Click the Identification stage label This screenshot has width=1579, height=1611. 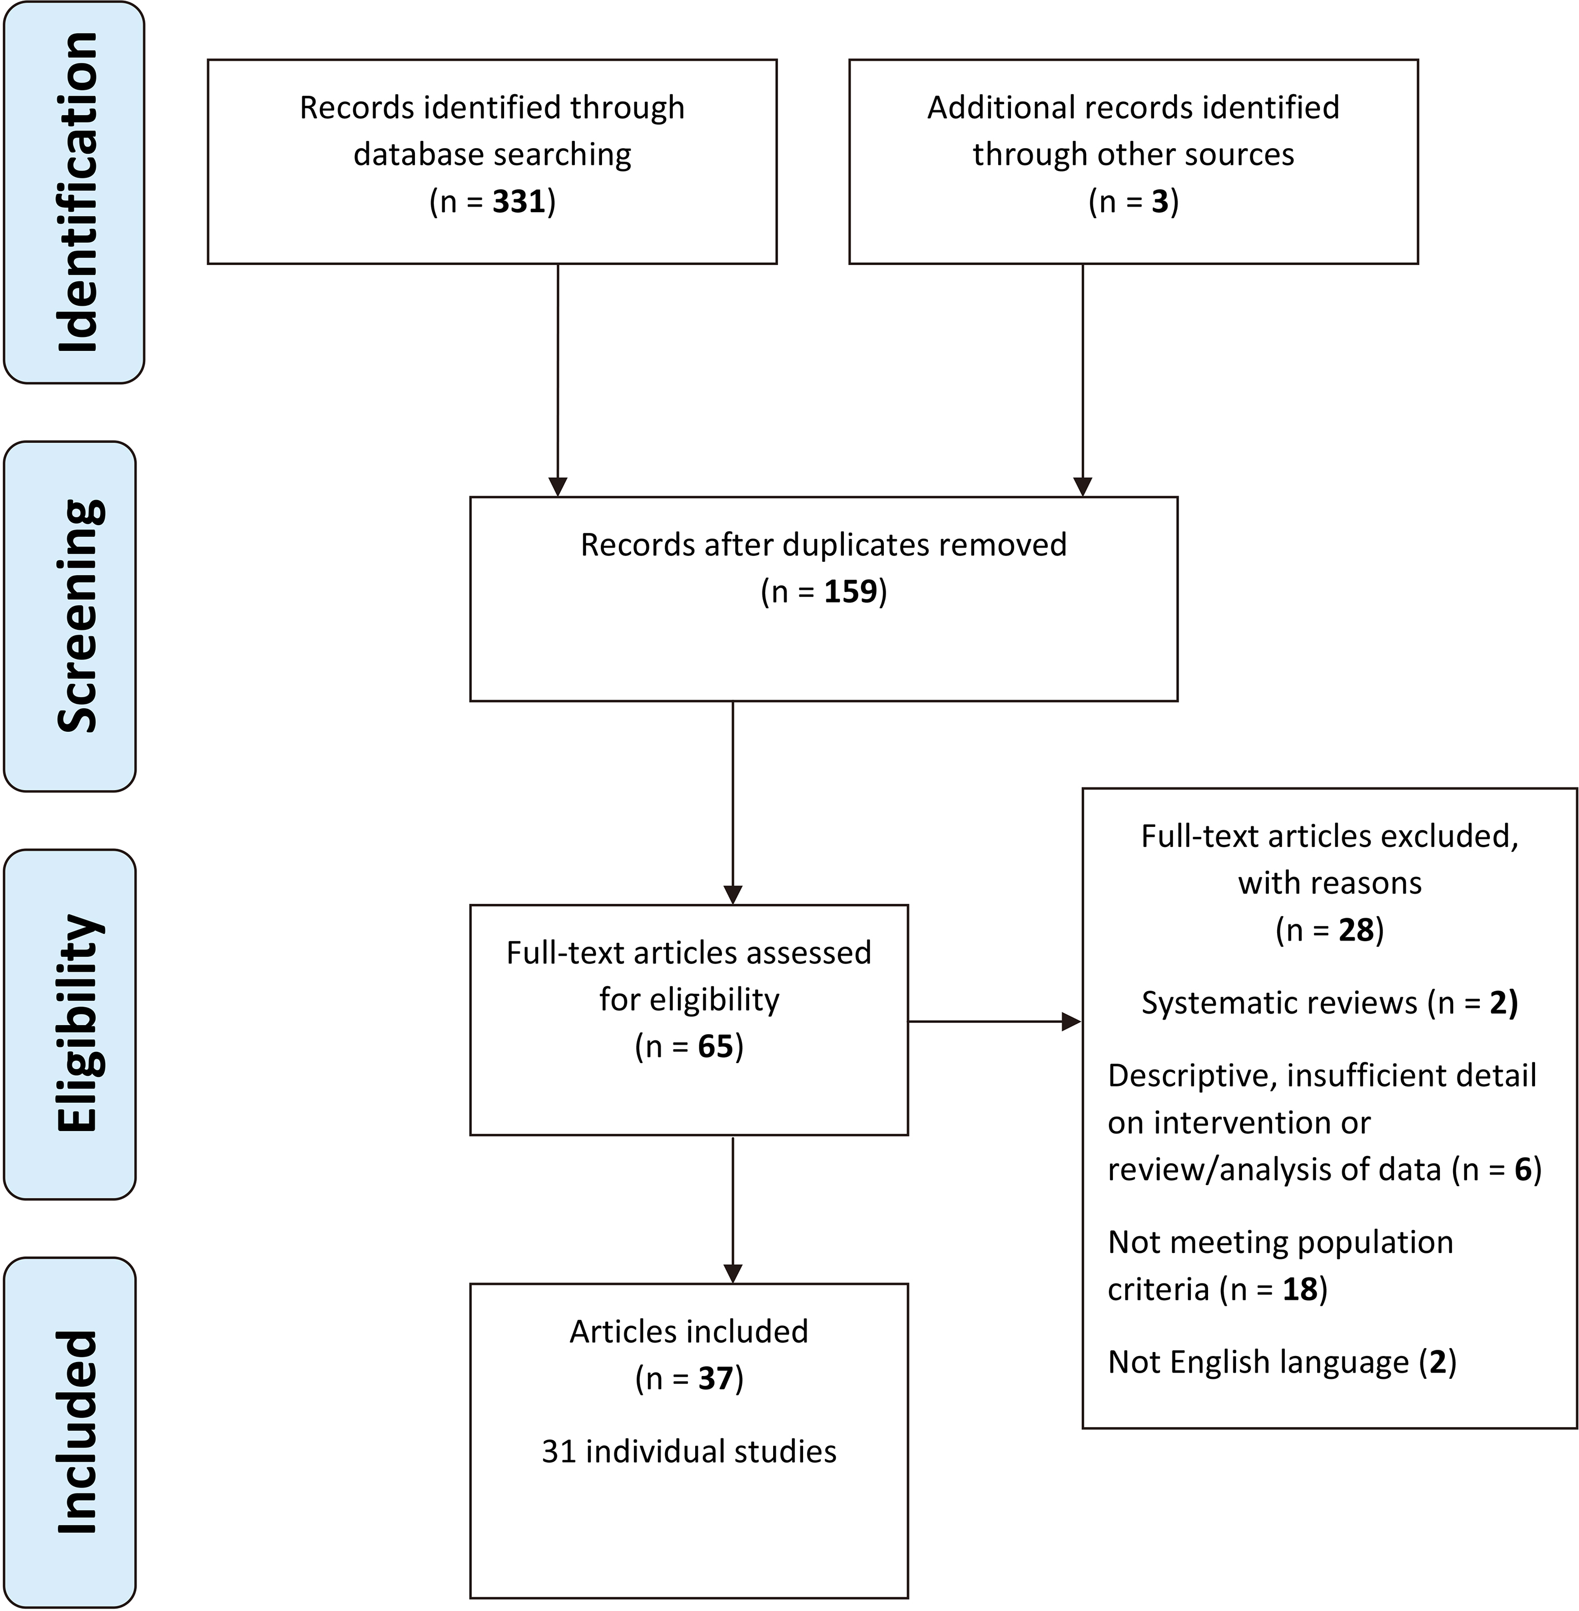pos(79,192)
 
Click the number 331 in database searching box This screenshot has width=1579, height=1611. pos(519,202)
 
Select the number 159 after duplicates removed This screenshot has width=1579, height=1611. pos(851,591)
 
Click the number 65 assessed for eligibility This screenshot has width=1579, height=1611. pos(716,1046)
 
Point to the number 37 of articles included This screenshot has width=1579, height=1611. pos(716,1378)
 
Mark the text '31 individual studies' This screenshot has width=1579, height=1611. pos(689,1451)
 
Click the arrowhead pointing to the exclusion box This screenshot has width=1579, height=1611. pos(1072,1021)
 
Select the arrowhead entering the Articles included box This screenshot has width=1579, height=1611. pos(733,1274)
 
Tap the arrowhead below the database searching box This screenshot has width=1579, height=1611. pos(558,487)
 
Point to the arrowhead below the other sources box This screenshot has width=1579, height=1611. pos(1083,487)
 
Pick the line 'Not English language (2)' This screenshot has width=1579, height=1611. pos(1282,1362)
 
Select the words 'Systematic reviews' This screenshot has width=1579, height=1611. pos(1279,1003)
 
